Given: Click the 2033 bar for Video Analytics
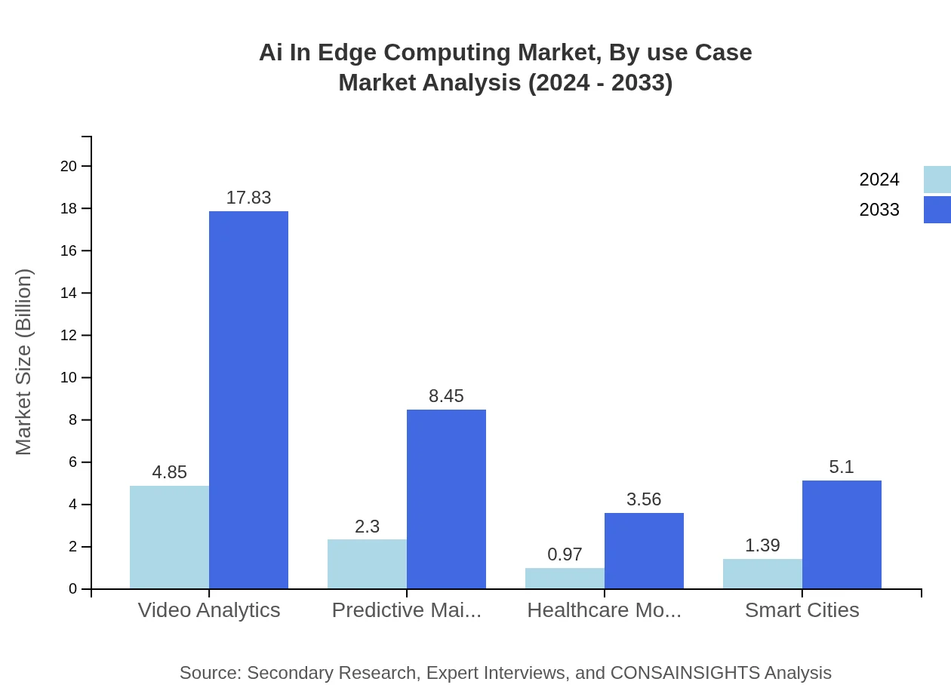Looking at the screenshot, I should pyautogui.click(x=248, y=400).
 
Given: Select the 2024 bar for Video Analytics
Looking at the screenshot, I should pyautogui.click(x=169, y=537).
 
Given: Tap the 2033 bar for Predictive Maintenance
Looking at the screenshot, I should pyautogui.click(x=446, y=499).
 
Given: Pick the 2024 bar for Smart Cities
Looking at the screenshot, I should pyautogui.click(x=762, y=573).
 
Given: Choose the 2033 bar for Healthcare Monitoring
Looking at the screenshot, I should pyautogui.click(x=644, y=551).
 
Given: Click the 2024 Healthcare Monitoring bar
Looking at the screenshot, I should pyautogui.click(x=565, y=578).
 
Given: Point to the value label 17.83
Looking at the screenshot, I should pyautogui.click(x=248, y=198).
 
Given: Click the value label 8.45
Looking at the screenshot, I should pyautogui.click(x=446, y=396).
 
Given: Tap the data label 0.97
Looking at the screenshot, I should pyautogui.click(x=565, y=554).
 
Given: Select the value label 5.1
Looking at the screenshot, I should pyautogui.click(x=842, y=467).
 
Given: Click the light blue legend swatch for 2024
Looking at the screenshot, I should pyautogui.click(x=937, y=180).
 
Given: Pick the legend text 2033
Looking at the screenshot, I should pyautogui.click(x=879, y=210).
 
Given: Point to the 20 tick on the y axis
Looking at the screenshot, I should pyautogui.click(x=69, y=166).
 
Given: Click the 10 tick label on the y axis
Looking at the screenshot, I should pyautogui.click(x=69, y=377).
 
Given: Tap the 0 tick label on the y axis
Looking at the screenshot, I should pyautogui.click(x=73, y=588).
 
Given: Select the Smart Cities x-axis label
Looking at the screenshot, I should pyautogui.click(x=802, y=610).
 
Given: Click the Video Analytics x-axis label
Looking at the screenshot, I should pyautogui.click(x=209, y=610).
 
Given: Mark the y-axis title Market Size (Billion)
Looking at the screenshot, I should pyautogui.click(x=24, y=362).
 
